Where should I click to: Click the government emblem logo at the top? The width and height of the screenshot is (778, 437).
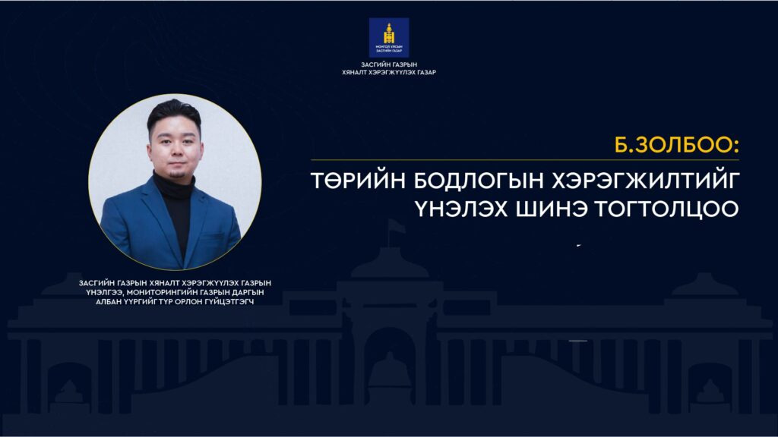(x=388, y=37)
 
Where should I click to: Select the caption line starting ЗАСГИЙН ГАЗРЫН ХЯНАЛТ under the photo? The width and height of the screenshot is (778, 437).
(x=175, y=282)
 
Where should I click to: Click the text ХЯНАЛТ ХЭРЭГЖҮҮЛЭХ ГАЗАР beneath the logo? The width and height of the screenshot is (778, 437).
(x=389, y=73)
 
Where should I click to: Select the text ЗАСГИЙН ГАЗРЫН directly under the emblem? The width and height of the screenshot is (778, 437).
(x=389, y=65)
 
